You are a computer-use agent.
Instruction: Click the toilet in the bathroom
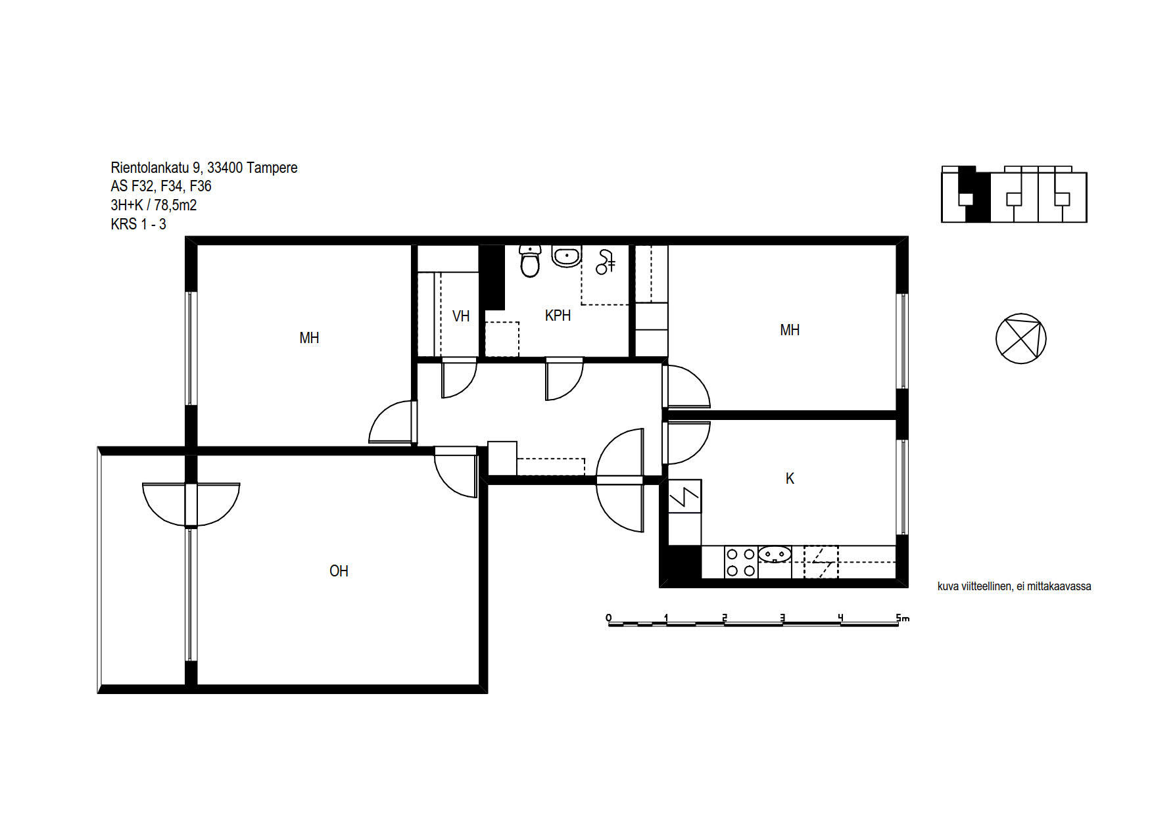click(x=529, y=261)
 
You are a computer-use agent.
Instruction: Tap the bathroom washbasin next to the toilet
click(x=566, y=256)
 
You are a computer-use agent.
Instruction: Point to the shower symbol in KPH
click(x=605, y=262)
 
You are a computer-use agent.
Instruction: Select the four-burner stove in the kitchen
click(x=740, y=563)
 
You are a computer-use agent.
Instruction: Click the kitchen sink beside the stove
click(x=775, y=555)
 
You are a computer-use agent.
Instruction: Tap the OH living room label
click(x=339, y=571)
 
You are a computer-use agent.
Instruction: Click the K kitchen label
click(x=790, y=478)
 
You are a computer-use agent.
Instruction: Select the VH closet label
click(x=461, y=316)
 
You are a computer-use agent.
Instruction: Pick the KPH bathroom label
click(x=558, y=315)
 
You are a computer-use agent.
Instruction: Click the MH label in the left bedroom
click(x=309, y=338)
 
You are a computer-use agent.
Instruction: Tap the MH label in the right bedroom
click(x=790, y=330)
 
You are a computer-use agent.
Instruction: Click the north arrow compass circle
click(x=1020, y=338)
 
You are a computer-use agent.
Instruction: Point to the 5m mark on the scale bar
click(x=902, y=618)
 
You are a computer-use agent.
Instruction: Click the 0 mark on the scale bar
click(x=609, y=618)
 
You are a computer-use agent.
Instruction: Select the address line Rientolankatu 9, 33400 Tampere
click(x=204, y=168)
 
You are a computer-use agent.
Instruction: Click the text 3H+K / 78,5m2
click(x=154, y=205)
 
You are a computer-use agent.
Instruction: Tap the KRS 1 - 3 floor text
click(x=138, y=224)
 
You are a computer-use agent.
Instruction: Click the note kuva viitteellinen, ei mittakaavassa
click(x=1014, y=586)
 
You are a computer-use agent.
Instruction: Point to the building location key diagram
click(x=1014, y=194)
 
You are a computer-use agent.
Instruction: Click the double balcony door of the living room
click(x=191, y=505)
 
